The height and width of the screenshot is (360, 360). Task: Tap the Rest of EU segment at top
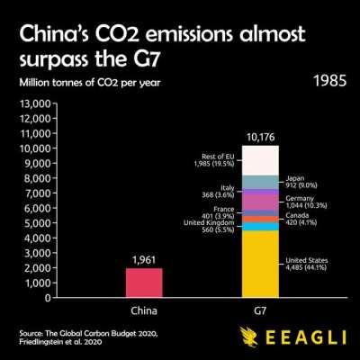pyautogui.click(x=260, y=160)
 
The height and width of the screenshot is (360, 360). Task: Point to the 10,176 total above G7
pyautogui.click(x=260, y=138)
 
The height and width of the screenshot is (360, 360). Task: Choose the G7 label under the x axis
pyautogui.click(x=260, y=312)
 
